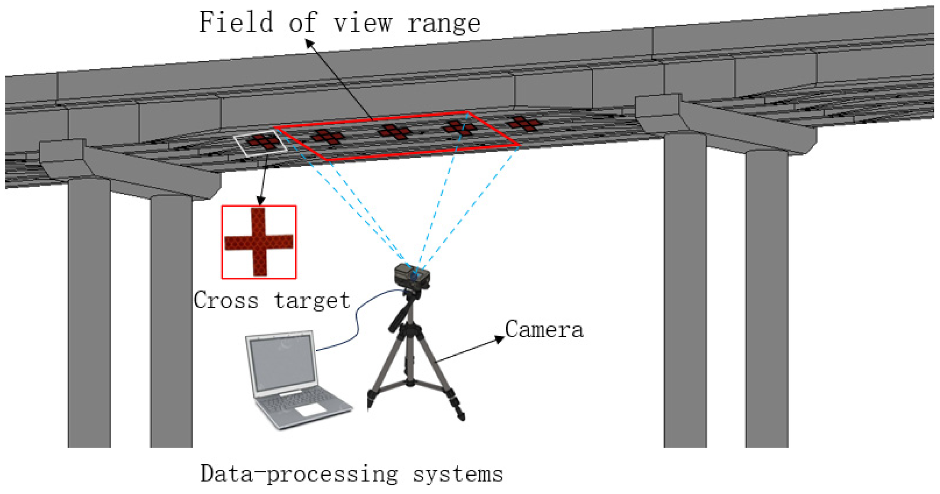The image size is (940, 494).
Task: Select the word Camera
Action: click(544, 330)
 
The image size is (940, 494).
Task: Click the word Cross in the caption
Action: click(226, 300)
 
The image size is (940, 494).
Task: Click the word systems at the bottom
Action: click(458, 474)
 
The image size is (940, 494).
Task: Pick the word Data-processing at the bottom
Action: click(299, 474)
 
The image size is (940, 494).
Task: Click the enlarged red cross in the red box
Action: click(259, 242)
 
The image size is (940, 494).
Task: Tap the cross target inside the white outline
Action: click(262, 142)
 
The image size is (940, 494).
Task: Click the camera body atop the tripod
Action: click(411, 276)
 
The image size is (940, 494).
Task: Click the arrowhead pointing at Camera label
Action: click(501, 339)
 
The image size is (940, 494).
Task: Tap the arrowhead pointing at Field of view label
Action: click(309, 42)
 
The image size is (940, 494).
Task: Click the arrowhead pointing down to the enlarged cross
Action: click(261, 200)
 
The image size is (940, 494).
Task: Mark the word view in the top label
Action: click(363, 23)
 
